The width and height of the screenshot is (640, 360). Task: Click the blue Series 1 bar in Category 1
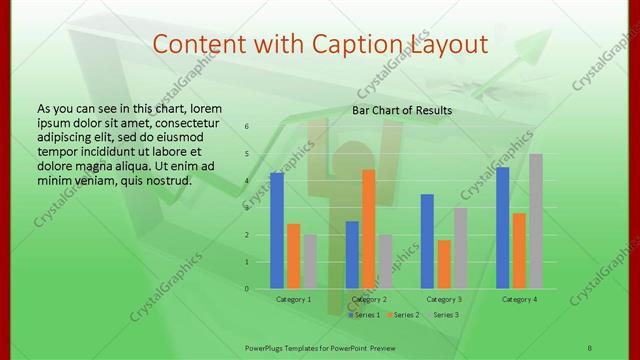coord(277,231)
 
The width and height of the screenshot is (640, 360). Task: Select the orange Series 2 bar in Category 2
coord(369,229)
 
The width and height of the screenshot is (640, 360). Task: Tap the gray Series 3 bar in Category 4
coord(536,221)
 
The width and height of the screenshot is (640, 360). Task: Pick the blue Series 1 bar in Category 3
coord(427,241)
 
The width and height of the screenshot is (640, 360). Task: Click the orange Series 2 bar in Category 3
coord(444,264)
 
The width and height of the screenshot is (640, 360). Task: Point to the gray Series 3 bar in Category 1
coord(310,262)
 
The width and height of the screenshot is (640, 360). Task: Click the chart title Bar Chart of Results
coord(402,110)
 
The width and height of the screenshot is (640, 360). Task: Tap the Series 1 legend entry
coord(363,315)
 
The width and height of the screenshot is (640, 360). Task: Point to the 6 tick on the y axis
coord(247,127)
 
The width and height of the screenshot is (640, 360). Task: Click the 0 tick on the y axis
coord(247,289)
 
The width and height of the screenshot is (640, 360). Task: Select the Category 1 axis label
coord(293,299)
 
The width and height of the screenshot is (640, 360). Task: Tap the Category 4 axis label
coord(519,299)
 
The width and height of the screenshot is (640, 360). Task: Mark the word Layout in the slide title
coord(451,44)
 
